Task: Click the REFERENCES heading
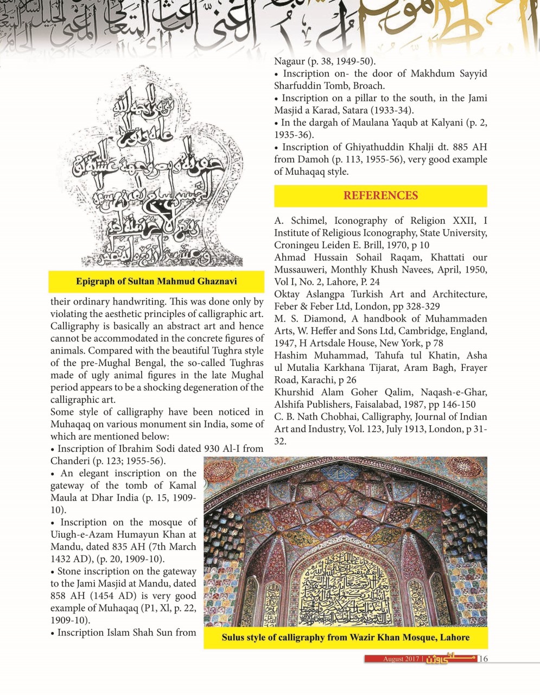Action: tap(380, 195)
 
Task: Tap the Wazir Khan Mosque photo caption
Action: tap(345, 637)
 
